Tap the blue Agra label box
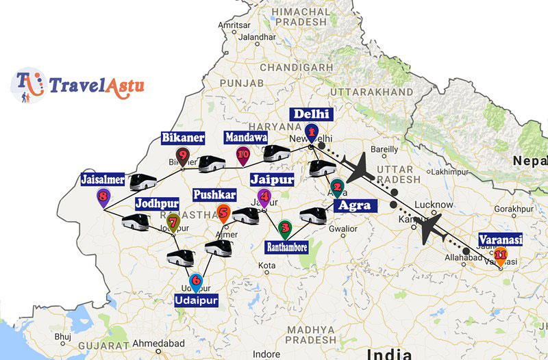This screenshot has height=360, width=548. (x=353, y=205)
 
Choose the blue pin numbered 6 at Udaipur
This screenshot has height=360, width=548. (x=196, y=281)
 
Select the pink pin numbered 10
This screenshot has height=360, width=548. (x=242, y=155)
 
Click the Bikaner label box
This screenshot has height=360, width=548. (x=183, y=138)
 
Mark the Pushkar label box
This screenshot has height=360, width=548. (x=214, y=195)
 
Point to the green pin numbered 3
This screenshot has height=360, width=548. (x=285, y=228)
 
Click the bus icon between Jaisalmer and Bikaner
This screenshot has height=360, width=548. (x=143, y=182)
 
